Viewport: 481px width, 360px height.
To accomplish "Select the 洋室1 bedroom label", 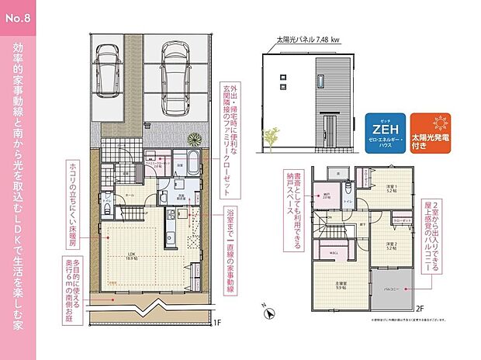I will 391,188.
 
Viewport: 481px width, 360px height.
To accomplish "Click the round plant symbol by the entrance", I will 194,140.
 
